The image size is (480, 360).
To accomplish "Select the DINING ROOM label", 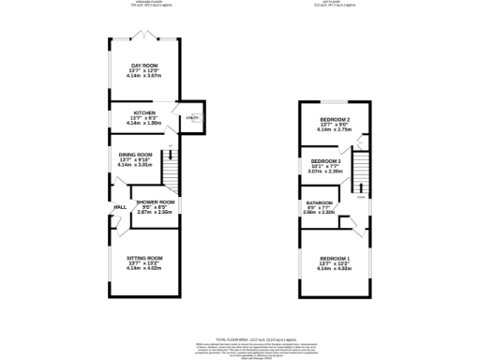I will (x=136, y=154).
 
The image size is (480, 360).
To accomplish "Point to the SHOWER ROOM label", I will (x=156, y=202).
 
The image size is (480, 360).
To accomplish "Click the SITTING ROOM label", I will (x=145, y=258).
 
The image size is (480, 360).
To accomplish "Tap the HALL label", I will (x=120, y=207).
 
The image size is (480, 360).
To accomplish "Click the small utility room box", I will (x=192, y=119).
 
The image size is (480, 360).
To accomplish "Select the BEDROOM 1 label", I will (x=335, y=258).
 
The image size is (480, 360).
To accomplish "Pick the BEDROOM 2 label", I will (x=335, y=120).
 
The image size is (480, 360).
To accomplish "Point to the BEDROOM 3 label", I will (x=325, y=161).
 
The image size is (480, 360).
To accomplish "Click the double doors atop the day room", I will (x=142, y=37).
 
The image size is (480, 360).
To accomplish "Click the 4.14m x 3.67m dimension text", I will (x=145, y=76).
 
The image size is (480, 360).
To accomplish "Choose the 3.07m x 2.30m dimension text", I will (x=325, y=172).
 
